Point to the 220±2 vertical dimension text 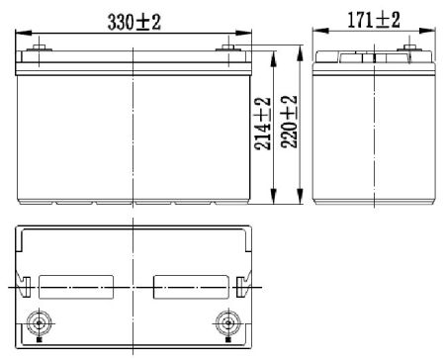tap(290, 122)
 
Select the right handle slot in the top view tap(192, 285)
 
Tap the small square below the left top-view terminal tap(39, 344)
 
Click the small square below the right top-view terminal tap(225, 344)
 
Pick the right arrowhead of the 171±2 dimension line tap(432, 31)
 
